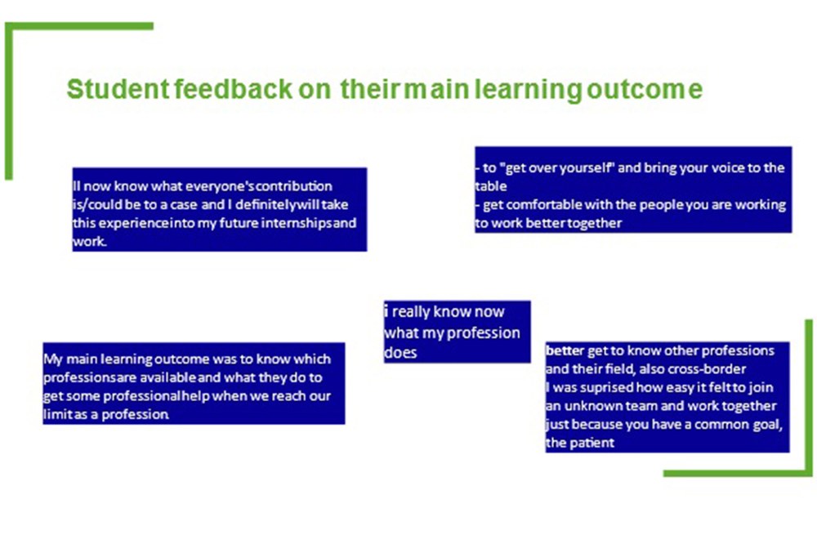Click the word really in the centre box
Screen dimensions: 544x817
(411, 312)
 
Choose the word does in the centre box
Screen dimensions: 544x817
(400, 353)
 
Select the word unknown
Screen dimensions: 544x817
(592, 406)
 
